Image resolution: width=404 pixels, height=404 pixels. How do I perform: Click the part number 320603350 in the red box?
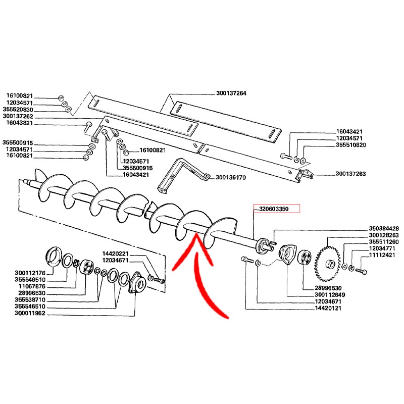pyautogui.click(x=274, y=209)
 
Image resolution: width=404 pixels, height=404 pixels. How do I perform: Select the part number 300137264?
pyautogui.click(x=231, y=93)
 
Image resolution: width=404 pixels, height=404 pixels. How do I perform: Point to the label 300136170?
pyautogui.click(x=231, y=178)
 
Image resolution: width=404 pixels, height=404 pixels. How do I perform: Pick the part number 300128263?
pyautogui.click(x=384, y=235)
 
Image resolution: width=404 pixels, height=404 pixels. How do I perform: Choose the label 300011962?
pyautogui.click(x=30, y=313)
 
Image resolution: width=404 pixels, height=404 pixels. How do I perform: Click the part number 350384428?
pyautogui.click(x=384, y=228)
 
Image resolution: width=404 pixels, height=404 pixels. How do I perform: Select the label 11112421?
pyautogui.click(x=382, y=255)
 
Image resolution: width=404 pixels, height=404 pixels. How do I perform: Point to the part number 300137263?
pyautogui.click(x=350, y=174)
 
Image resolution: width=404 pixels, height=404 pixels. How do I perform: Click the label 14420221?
pyautogui.click(x=115, y=254)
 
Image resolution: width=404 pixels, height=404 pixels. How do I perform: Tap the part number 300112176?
pyautogui.click(x=30, y=273)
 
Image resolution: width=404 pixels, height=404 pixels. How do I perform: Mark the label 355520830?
pyautogui.click(x=18, y=110)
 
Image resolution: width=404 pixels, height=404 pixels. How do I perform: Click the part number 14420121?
pyautogui.click(x=328, y=308)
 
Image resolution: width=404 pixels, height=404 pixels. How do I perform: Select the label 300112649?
pyautogui.click(x=330, y=295)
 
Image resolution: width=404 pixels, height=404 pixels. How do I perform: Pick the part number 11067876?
pyautogui.click(x=32, y=286)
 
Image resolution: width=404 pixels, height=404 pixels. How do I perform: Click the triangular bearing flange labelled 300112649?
pyautogui.click(x=288, y=255)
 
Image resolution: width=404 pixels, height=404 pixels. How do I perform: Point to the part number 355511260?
pyautogui.click(x=384, y=242)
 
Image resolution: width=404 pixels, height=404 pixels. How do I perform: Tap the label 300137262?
pyautogui.click(x=18, y=116)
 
